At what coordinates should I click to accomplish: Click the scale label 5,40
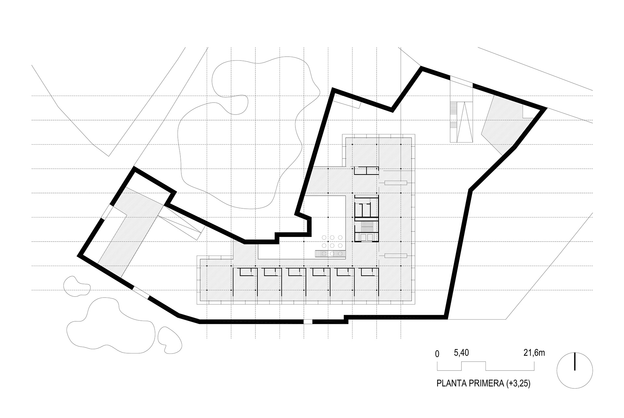click(461, 353)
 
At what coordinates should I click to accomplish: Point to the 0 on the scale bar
click(437, 354)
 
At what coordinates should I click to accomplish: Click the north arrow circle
click(575, 370)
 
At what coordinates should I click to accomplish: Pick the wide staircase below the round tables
click(330, 254)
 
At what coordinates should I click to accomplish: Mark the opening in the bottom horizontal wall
click(307, 322)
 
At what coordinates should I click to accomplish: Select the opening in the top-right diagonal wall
click(461, 81)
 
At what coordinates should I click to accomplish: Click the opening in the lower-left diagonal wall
click(141, 292)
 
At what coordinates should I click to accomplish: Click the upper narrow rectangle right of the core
click(396, 182)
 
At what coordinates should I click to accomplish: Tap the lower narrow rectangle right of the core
click(396, 255)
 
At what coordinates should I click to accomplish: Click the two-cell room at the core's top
click(366, 170)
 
